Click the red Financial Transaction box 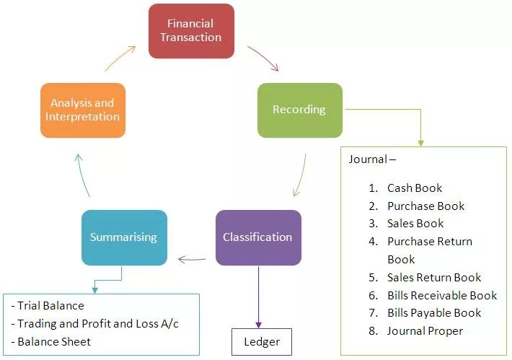click(191, 31)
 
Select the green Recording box click(299, 110)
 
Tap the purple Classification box click(257, 237)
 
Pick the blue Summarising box click(124, 237)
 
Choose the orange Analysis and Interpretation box click(82, 110)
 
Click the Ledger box click(261, 341)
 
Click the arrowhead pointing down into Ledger click(258, 324)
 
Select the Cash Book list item click(415, 188)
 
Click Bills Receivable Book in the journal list click(442, 295)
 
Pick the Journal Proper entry click(425, 331)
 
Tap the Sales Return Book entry click(434, 277)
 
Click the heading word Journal click(368, 159)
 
